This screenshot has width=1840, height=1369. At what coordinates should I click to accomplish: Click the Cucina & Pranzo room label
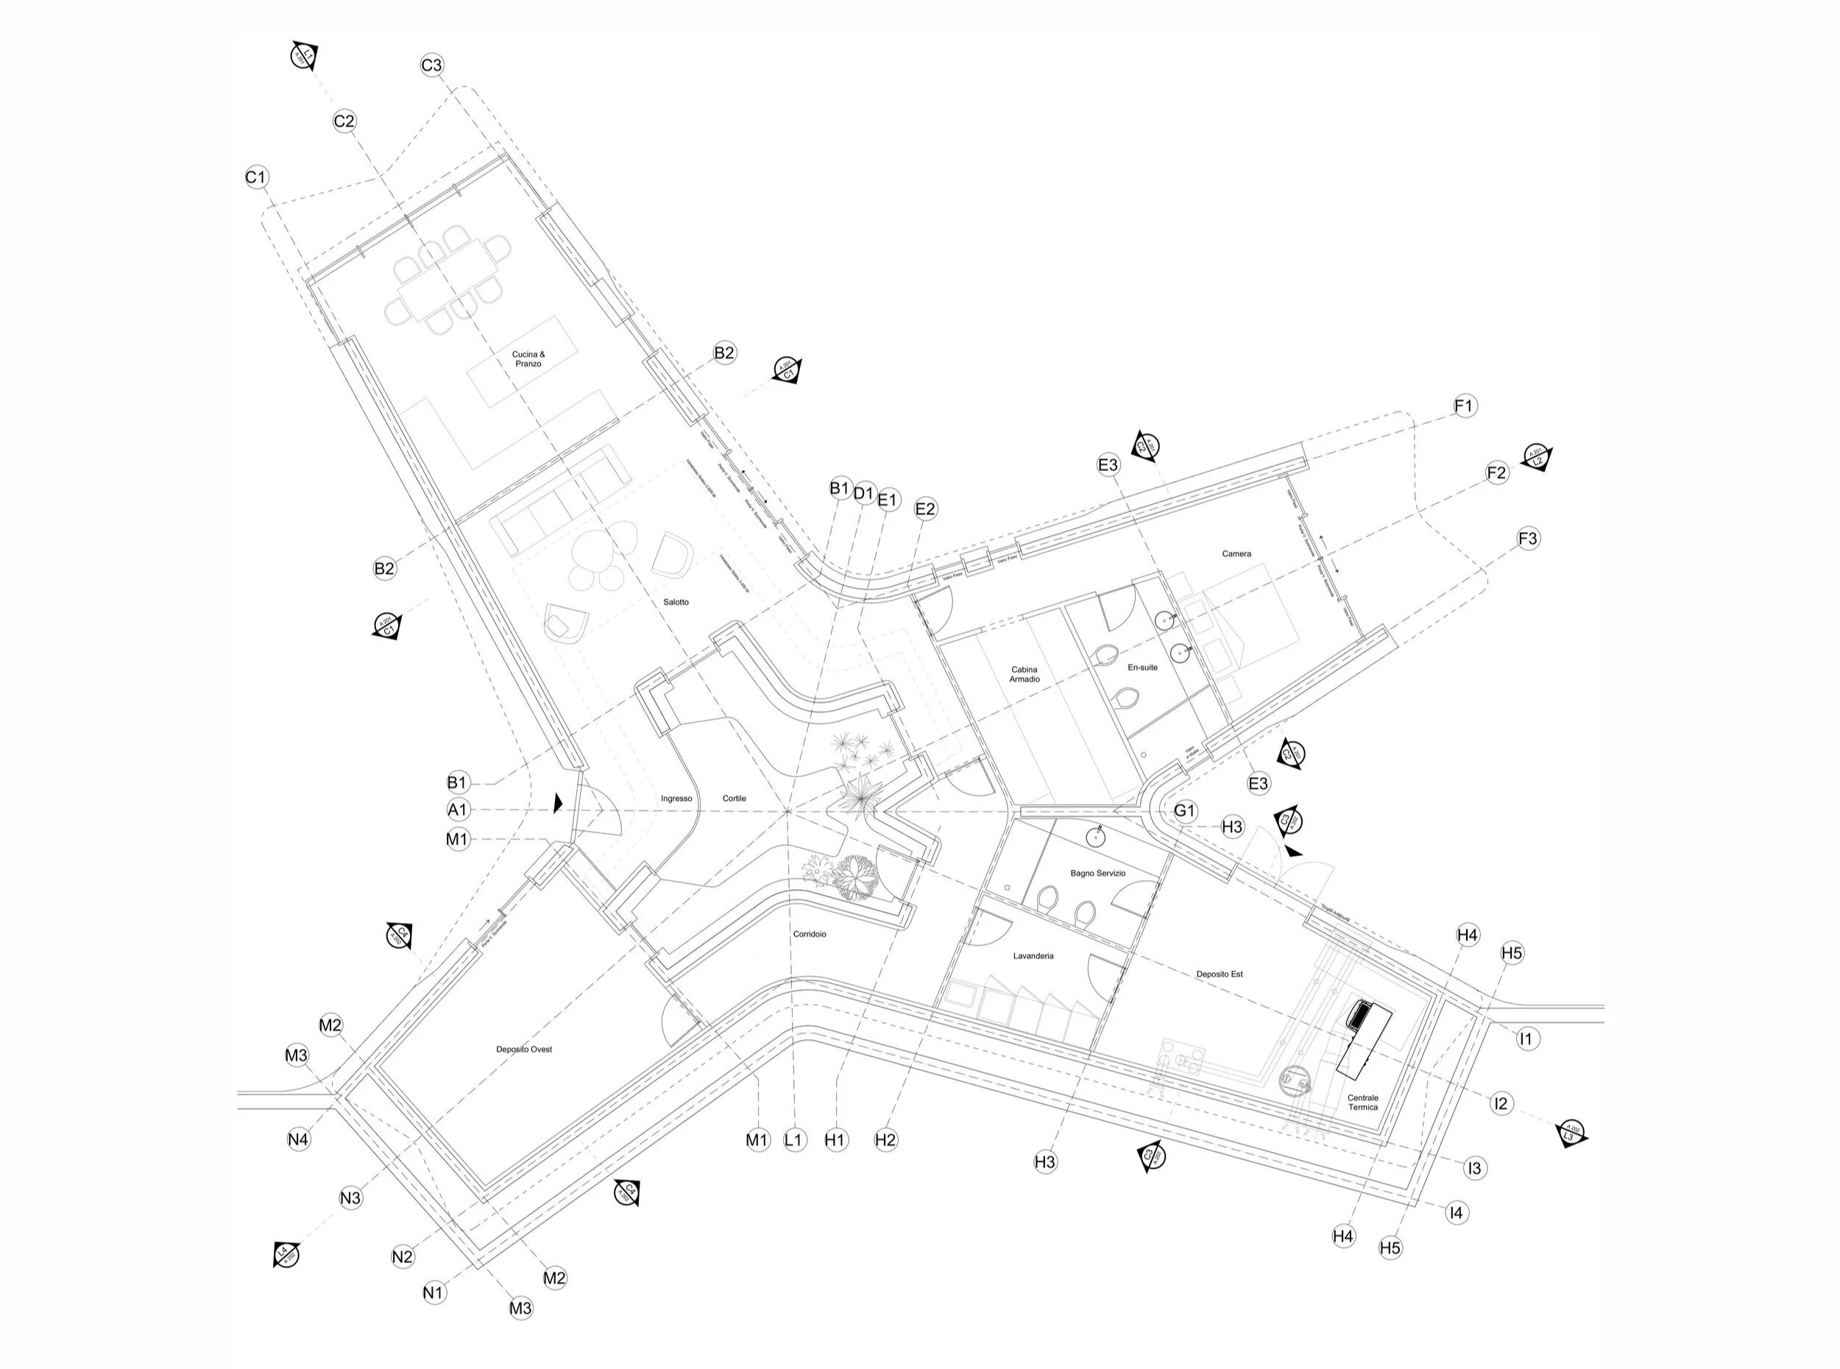528,359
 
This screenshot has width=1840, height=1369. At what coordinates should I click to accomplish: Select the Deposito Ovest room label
523,1049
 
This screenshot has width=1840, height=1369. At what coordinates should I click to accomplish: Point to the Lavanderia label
1033,955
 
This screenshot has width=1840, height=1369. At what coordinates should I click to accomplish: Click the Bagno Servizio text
1097,873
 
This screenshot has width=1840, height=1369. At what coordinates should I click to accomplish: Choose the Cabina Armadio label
1024,673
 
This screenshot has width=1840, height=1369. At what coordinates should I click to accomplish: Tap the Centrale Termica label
1362,1102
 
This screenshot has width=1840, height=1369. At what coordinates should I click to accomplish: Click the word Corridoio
810,934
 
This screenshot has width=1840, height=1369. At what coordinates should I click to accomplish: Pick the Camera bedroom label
1236,553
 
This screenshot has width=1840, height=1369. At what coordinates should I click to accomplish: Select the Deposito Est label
1220,974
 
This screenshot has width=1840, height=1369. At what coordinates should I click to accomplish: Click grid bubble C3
431,66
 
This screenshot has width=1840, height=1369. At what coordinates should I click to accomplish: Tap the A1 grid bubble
457,810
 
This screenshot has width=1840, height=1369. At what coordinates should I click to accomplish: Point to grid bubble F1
1465,406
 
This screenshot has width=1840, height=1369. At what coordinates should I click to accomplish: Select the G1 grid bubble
1185,810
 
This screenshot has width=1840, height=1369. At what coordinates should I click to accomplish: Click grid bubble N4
298,1139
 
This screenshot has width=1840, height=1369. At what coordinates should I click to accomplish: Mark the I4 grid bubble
1456,1212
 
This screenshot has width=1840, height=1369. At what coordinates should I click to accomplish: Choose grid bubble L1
793,1139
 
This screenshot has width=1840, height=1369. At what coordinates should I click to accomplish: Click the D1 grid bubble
863,494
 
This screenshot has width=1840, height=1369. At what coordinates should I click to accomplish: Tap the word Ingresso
676,798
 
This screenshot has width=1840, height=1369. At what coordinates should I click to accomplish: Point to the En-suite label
1142,667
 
